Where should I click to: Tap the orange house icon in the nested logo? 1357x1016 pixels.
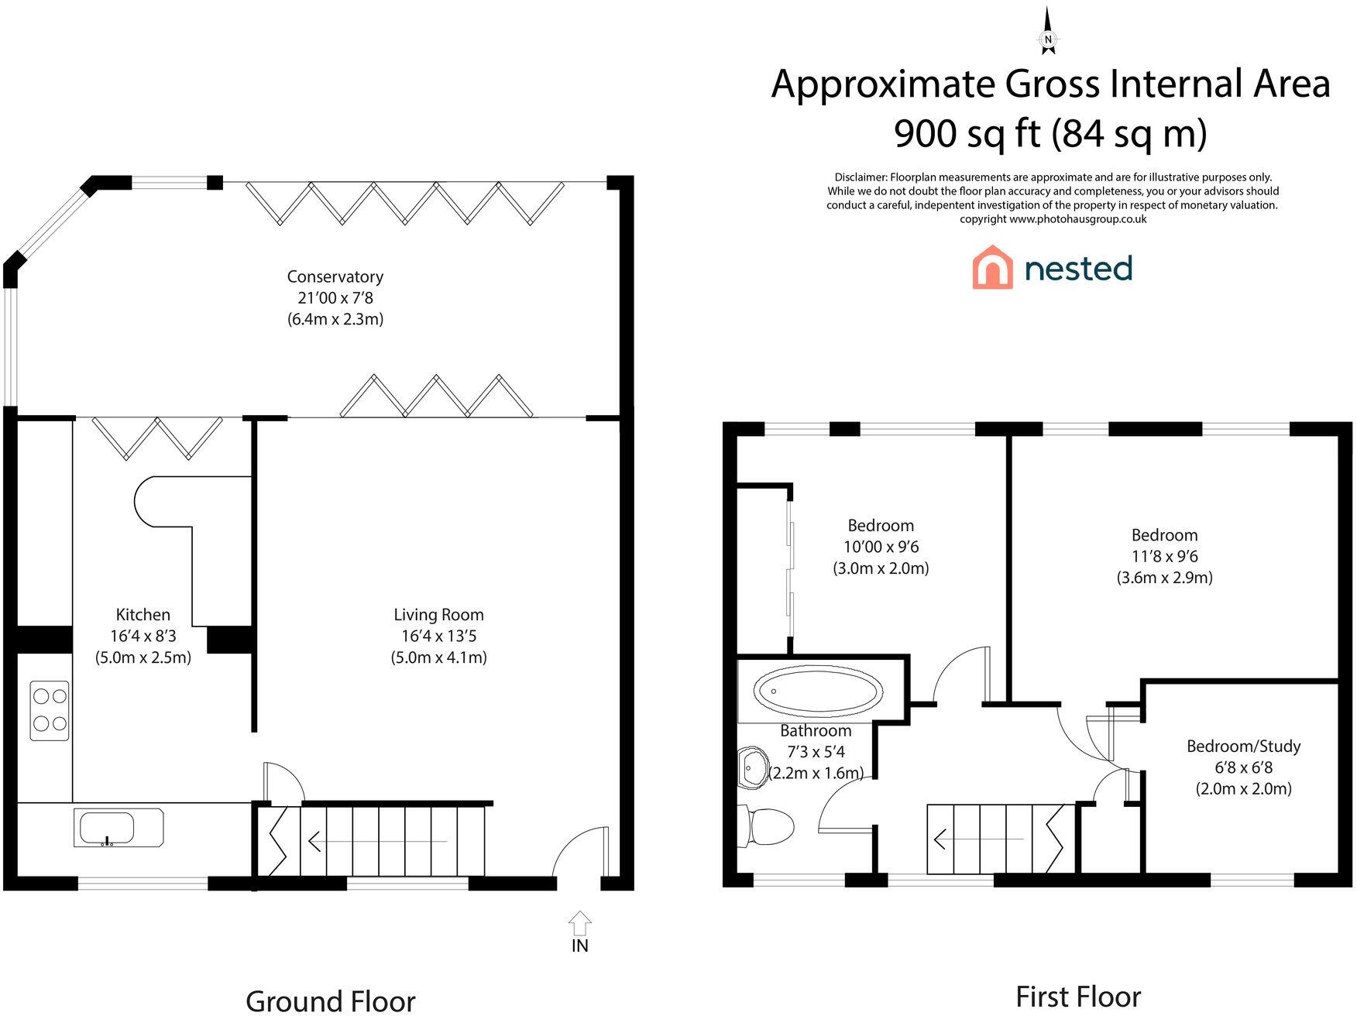click(x=992, y=267)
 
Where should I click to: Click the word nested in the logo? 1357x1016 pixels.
click(x=1078, y=268)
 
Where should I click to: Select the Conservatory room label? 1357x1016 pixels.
click(x=335, y=276)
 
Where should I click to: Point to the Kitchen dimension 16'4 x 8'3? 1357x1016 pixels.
click(x=143, y=636)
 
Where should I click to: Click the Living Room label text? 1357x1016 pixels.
click(x=438, y=615)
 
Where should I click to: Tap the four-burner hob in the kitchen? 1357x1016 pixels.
click(x=50, y=710)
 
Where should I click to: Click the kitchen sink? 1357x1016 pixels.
click(x=119, y=828)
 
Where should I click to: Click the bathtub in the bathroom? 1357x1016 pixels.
click(x=818, y=691)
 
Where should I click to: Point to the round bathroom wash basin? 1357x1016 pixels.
click(x=751, y=767)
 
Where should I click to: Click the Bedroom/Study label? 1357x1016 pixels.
click(x=1243, y=747)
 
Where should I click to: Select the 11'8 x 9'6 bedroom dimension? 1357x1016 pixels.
click(x=1164, y=556)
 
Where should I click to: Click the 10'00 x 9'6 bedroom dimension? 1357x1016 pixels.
click(x=881, y=547)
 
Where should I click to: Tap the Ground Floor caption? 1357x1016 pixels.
click(x=330, y=1001)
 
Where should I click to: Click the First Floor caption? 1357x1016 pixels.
click(x=1078, y=997)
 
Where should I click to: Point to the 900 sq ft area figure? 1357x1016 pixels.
click(x=967, y=133)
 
